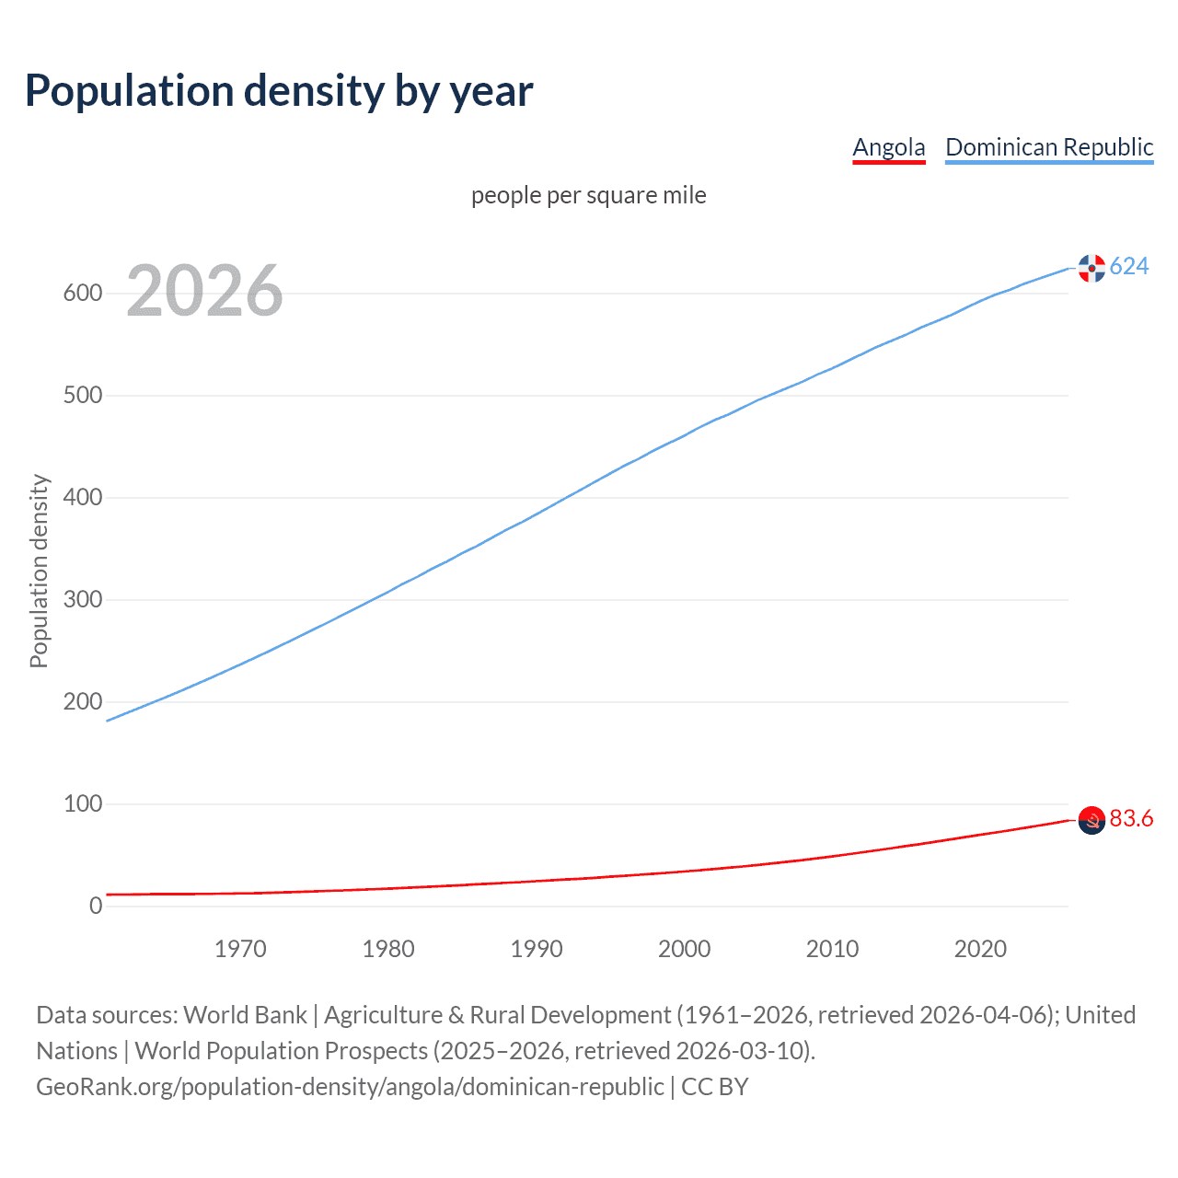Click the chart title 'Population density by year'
tap(279, 91)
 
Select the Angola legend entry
tap(888, 147)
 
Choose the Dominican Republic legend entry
tap(1049, 147)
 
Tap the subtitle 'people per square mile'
tap(588, 195)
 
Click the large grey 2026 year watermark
tap(204, 291)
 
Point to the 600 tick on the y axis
tap(82, 294)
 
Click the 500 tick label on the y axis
tap(82, 396)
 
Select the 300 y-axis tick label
tap(82, 600)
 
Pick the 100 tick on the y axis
tap(82, 804)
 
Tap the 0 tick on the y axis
tap(96, 907)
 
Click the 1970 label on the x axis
tap(240, 949)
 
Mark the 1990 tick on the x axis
tap(537, 949)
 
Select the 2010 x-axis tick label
tap(832, 949)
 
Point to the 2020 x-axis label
tap(980, 949)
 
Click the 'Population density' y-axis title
tap(39, 571)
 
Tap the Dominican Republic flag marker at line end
tap(1091, 268)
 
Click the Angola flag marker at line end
tap(1091, 820)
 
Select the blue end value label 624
tap(1129, 267)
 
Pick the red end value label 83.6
tap(1131, 819)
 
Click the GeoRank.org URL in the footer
tap(350, 1087)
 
